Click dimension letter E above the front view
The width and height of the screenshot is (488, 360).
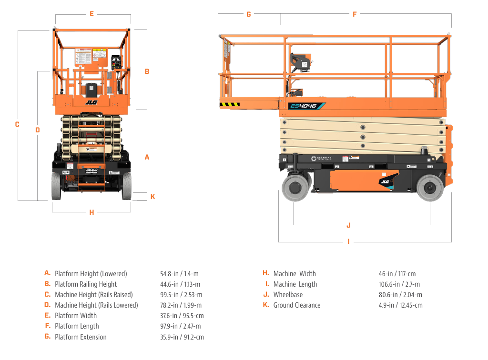91,14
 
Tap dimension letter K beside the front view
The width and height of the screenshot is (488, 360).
152,197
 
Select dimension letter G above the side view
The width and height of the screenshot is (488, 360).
248,14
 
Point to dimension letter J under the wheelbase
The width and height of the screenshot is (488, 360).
348,225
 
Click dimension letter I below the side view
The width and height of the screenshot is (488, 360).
348,241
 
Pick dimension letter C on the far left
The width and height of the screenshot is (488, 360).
17,124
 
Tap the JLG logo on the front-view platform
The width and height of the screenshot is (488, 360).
91,101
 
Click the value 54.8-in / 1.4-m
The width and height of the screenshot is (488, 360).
179,274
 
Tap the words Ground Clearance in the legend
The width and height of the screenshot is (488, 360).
296,305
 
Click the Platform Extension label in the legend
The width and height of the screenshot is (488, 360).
81,337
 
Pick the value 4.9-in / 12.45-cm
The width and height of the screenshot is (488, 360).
400,305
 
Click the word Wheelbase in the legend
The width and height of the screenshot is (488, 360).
288,295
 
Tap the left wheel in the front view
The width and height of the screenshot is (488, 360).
57,186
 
